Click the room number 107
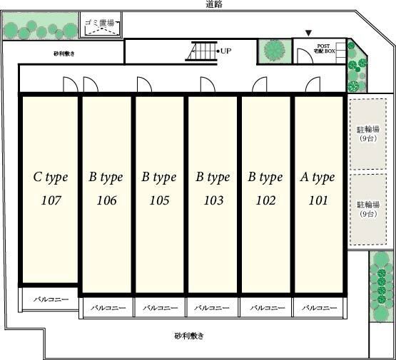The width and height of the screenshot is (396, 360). click(x=51, y=200)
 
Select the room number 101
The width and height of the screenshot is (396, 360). click(x=318, y=200)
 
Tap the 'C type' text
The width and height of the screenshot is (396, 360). click(x=51, y=178)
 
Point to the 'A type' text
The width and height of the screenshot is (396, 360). click(x=318, y=178)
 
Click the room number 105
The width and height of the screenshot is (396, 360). click(x=159, y=200)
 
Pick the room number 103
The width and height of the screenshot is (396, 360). click(x=213, y=200)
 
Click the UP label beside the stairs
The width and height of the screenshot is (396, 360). click(x=225, y=51)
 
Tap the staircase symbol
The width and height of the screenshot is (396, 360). click(x=201, y=51)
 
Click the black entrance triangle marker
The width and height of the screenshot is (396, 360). click(x=308, y=33)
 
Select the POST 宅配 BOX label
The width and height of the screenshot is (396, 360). click(x=324, y=48)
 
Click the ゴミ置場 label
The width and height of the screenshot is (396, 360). click(x=100, y=23)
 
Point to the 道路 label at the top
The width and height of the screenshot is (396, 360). click(x=214, y=4)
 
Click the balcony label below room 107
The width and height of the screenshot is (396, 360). click(x=51, y=299)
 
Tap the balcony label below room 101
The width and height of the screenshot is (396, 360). click(x=319, y=308)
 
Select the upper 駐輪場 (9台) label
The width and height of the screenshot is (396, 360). click(x=368, y=134)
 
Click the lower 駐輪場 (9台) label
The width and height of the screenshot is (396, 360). click(x=368, y=209)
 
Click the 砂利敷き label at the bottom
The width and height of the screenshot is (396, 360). click(x=189, y=336)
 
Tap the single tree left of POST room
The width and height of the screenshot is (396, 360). click(x=275, y=50)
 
